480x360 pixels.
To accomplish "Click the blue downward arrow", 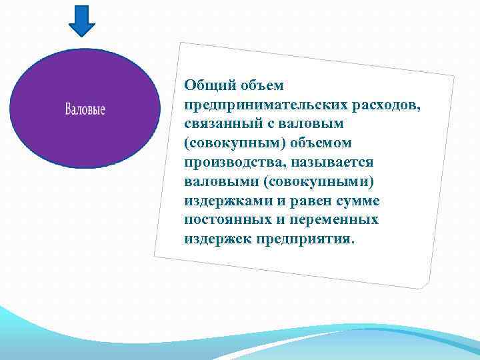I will [x=82, y=20].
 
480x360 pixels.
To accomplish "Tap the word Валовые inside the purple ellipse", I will [x=85, y=109].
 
